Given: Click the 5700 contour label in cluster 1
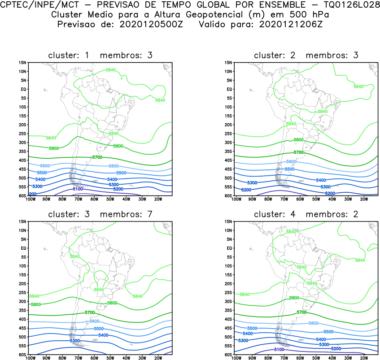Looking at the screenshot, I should (x=97, y=157).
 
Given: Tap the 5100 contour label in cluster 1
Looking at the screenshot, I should (x=77, y=189).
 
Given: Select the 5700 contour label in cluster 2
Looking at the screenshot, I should (x=298, y=152).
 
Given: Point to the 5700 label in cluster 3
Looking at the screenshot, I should (x=90, y=312).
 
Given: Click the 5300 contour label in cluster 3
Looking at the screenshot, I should (x=74, y=341).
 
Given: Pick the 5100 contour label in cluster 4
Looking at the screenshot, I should (x=279, y=350).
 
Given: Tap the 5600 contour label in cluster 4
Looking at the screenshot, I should (x=313, y=323).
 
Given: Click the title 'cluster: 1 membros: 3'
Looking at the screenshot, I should (x=100, y=56).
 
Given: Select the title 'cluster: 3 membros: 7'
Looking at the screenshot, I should (x=100, y=214).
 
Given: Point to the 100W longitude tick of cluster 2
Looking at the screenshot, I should (x=235, y=199).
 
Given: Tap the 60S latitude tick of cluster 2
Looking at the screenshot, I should (x=227, y=196).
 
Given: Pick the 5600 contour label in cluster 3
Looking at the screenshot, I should (x=94, y=321).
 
